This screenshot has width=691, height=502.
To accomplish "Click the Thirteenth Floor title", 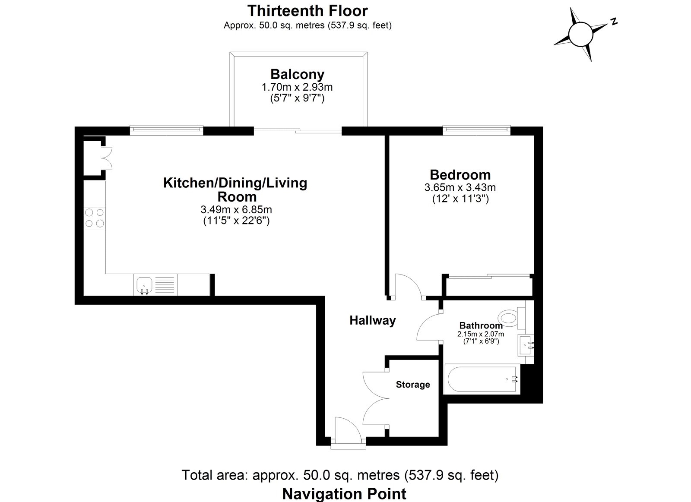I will point(307,10).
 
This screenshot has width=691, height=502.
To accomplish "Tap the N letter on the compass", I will point(613,21).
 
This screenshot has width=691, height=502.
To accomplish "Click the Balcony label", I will point(297,74).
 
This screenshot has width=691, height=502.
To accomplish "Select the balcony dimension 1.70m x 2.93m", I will point(297,87).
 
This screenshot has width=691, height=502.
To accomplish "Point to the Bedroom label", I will point(460,175).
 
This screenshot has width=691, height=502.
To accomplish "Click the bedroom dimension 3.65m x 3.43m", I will point(460,188).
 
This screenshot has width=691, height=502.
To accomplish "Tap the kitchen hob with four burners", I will point(95,218).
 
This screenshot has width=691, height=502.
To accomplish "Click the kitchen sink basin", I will point(144,285).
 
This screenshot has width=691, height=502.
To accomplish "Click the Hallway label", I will point(372,321).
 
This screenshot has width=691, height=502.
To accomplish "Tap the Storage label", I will point(413,384).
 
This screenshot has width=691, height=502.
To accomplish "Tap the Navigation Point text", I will point(344,493).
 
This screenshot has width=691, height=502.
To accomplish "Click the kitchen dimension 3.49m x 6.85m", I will point(236,210).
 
